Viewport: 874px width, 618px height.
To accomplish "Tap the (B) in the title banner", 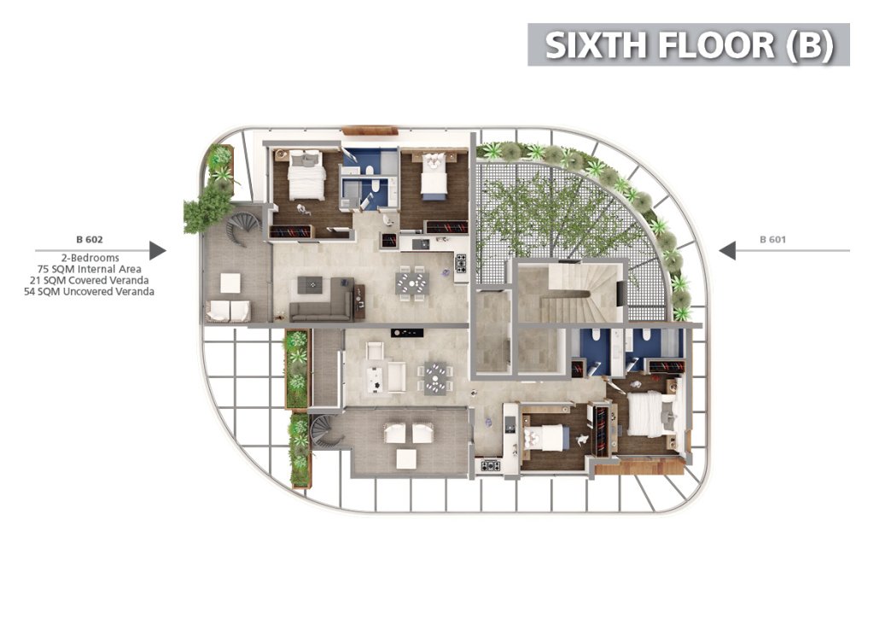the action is (810, 45).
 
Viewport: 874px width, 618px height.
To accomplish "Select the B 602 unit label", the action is (89, 240).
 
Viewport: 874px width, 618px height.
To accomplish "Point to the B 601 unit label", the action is (772, 240).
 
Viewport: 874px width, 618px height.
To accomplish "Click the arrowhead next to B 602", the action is (158, 251).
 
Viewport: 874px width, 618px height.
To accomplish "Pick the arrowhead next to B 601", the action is (727, 251).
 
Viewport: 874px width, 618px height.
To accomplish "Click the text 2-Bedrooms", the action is (90, 258).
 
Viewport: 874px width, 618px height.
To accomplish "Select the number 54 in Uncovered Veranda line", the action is (30, 291).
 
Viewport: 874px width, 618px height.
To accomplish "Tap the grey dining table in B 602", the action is (412, 283).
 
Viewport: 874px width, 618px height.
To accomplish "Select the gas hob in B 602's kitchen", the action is (461, 264).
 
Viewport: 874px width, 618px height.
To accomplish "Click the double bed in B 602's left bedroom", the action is (306, 174).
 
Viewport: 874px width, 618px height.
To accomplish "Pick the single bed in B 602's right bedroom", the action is (434, 175).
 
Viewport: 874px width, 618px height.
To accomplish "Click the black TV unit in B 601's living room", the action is (407, 333).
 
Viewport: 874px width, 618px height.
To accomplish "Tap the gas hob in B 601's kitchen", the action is (491, 465).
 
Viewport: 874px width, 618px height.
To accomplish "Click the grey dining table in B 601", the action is (436, 378).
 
